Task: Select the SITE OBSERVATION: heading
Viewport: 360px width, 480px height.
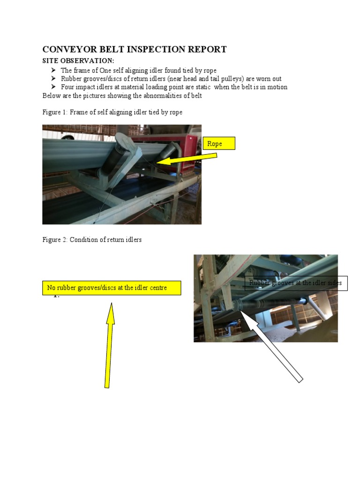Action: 78,61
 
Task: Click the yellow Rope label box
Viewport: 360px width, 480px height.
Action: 218,143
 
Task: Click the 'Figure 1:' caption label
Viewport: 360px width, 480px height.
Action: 55,112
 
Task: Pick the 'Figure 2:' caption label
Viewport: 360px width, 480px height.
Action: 55,240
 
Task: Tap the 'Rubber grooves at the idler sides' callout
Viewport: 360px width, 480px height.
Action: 296,283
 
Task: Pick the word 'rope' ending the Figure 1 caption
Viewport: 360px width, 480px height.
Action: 175,112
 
